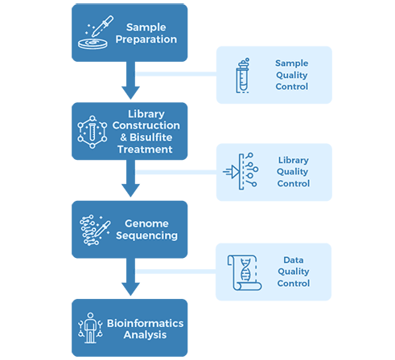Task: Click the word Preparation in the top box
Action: coord(146,39)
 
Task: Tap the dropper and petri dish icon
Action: coord(96,32)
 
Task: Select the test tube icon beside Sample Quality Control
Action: coord(242,76)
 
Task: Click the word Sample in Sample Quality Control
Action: coord(291,63)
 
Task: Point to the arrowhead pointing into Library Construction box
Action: coord(130,92)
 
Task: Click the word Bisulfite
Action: coord(151,137)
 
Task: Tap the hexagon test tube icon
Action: coord(93,132)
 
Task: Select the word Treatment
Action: coord(145,149)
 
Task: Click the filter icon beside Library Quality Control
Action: coord(241,171)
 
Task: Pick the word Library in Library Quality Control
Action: coord(294,160)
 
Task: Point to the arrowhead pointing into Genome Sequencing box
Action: coord(130,190)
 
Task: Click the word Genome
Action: coord(146,223)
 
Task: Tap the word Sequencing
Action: coord(146,235)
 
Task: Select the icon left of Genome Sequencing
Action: coord(95,230)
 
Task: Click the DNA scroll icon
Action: coord(245,272)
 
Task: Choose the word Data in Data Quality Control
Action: coord(294,260)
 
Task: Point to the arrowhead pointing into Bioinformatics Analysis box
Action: coord(130,289)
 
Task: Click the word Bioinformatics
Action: coord(145,323)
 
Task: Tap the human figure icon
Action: coord(90,328)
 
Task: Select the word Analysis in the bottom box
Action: coord(145,335)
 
